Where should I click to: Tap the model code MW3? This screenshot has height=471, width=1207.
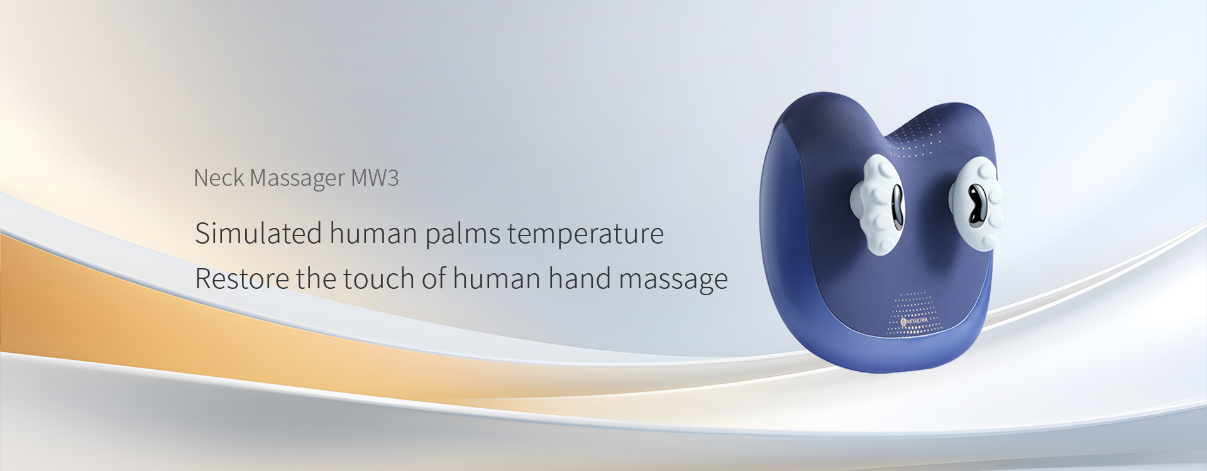(x=375, y=178)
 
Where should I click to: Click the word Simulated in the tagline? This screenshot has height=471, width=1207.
(x=259, y=233)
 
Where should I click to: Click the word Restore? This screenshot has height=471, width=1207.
(x=242, y=278)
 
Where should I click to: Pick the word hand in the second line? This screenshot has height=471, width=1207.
(x=580, y=278)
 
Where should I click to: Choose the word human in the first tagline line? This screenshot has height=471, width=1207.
(x=373, y=233)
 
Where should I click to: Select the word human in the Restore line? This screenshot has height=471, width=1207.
(x=497, y=278)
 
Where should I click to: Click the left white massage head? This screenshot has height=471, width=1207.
(x=877, y=204)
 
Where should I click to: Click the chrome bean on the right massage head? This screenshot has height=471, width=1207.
(x=976, y=204)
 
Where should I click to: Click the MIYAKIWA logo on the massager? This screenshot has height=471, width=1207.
(x=915, y=321)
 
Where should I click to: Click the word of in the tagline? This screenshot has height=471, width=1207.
(x=434, y=278)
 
